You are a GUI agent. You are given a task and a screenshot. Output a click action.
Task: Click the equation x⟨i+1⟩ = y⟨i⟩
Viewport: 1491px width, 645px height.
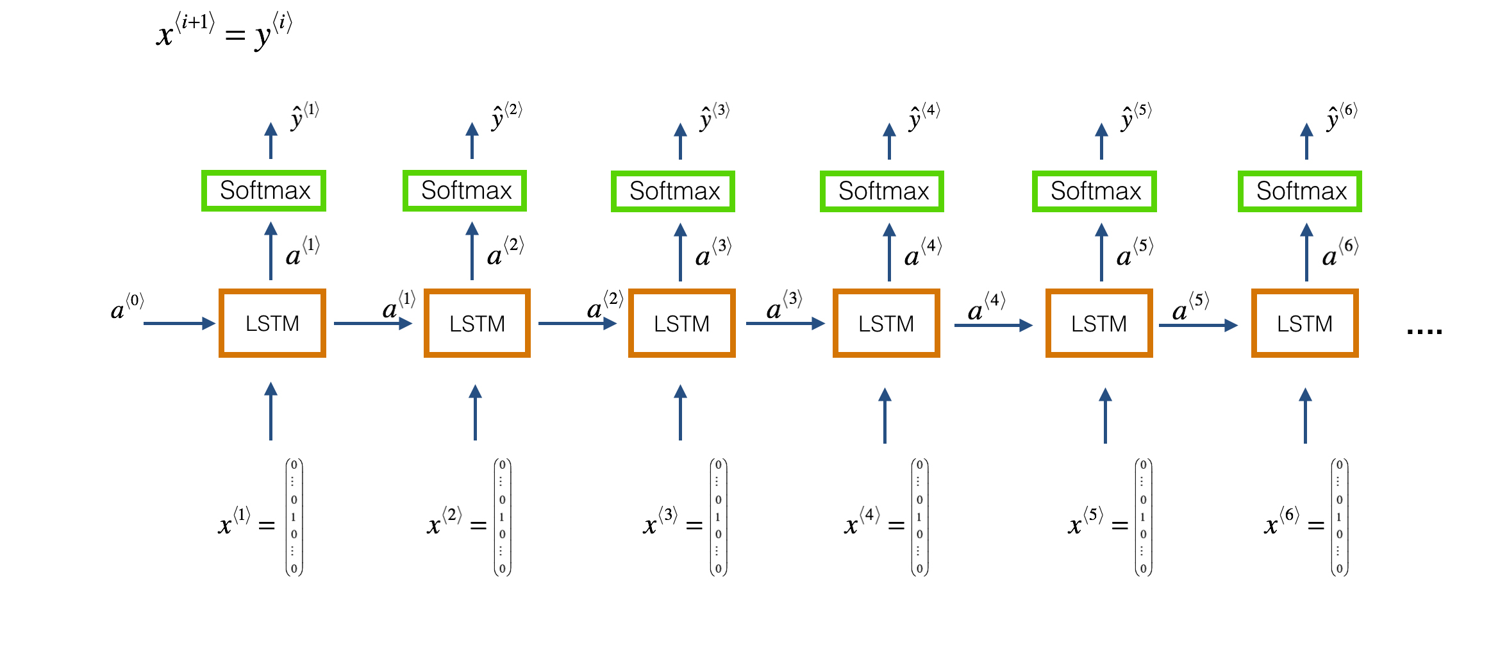tap(224, 31)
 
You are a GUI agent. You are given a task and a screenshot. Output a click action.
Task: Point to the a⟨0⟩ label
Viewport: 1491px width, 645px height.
tap(128, 306)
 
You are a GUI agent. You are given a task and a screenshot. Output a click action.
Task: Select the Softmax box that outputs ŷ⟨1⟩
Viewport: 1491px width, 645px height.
tap(264, 190)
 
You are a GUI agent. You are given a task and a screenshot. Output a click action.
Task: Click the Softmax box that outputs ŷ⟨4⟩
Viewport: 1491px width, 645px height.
tap(882, 191)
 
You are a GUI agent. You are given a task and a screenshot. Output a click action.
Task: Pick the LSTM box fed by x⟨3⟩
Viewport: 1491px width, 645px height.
tap(681, 323)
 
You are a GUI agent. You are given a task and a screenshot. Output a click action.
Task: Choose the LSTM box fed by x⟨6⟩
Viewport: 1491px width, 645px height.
tap(1304, 323)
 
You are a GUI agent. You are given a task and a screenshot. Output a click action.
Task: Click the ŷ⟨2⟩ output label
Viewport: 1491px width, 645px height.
tap(507, 116)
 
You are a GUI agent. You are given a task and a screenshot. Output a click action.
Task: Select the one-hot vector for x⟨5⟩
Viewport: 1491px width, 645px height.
tap(1144, 517)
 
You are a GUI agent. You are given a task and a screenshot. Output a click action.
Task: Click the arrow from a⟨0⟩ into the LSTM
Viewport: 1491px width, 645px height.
tap(179, 324)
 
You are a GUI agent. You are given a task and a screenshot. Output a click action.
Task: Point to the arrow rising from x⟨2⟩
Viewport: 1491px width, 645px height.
tap(475, 412)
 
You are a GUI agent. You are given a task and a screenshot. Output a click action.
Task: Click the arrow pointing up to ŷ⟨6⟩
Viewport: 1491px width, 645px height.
tap(1306, 141)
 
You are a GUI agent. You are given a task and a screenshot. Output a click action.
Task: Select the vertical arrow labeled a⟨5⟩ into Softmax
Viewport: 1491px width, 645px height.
tap(1101, 252)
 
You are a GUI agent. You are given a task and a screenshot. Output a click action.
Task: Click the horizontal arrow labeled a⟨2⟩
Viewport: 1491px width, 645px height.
tap(578, 324)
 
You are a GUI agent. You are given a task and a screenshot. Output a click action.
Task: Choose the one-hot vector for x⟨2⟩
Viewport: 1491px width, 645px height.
tap(503, 517)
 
